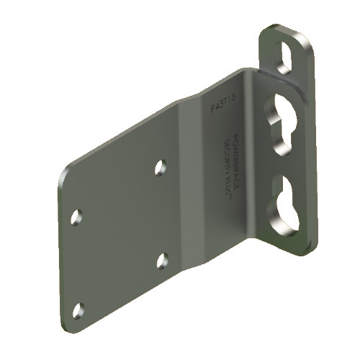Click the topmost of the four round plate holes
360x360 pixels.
pyautogui.click(x=161, y=168)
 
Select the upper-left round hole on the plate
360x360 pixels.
pyautogui.click(x=76, y=216)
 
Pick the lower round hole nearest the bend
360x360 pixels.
pyautogui.click(x=163, y=260)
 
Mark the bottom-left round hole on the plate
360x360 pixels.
pyautogui.click(x=78, y=310)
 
